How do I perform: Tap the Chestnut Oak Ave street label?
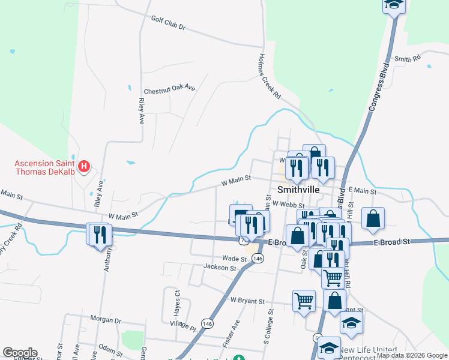coord(169,88)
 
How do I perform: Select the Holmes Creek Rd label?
coord(269,76)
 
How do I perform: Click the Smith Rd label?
coord(408,59)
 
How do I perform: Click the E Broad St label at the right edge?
coord(391,241)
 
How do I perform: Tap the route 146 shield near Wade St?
coord(258,258)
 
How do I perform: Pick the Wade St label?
coord(235,259)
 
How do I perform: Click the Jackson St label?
coord(220,267)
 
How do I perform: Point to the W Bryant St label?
coord(247,300)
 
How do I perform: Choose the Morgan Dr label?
coord(106,318)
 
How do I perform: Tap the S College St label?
coord(268,327)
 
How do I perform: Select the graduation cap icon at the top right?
coord(394,5)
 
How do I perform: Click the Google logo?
coord(20,353)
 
